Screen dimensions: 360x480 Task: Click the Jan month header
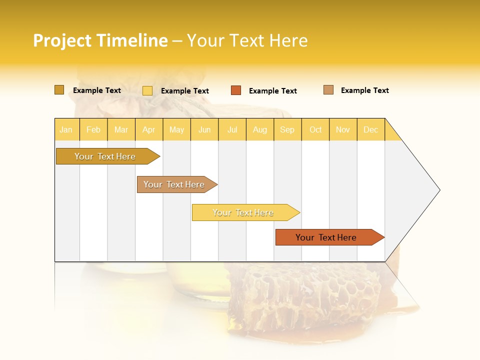coord(66,129)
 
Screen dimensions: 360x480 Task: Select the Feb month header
coord(93,129)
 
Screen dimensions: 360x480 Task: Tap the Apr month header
coord(149,129)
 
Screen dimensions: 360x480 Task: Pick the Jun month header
coord(204,129)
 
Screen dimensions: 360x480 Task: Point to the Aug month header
coord(260,129)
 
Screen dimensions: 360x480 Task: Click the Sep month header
coord(287,129)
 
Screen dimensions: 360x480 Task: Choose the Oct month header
coord(315,129)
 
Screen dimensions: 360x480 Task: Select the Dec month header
coord(371,129)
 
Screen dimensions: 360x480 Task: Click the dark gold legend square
coord(59,90)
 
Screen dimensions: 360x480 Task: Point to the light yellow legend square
coord(147,90)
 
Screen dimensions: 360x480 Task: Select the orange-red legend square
coord(236,90)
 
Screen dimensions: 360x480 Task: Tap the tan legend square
coord(328,90)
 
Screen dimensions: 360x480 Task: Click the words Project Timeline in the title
coord(100,40)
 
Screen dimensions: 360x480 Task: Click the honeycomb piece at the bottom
coord(305,295)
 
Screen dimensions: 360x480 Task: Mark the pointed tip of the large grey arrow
coord(439,190)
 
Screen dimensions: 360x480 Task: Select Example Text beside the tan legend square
coord(364,90)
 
